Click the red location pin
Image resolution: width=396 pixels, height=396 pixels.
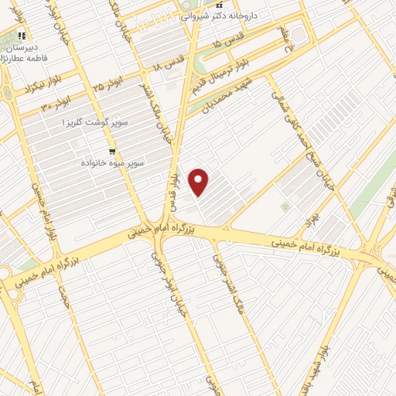coord(200,183)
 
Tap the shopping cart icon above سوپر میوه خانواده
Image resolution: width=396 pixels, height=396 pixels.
coord(113,152)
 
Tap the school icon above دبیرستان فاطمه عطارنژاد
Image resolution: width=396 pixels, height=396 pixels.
coord(24,35)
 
